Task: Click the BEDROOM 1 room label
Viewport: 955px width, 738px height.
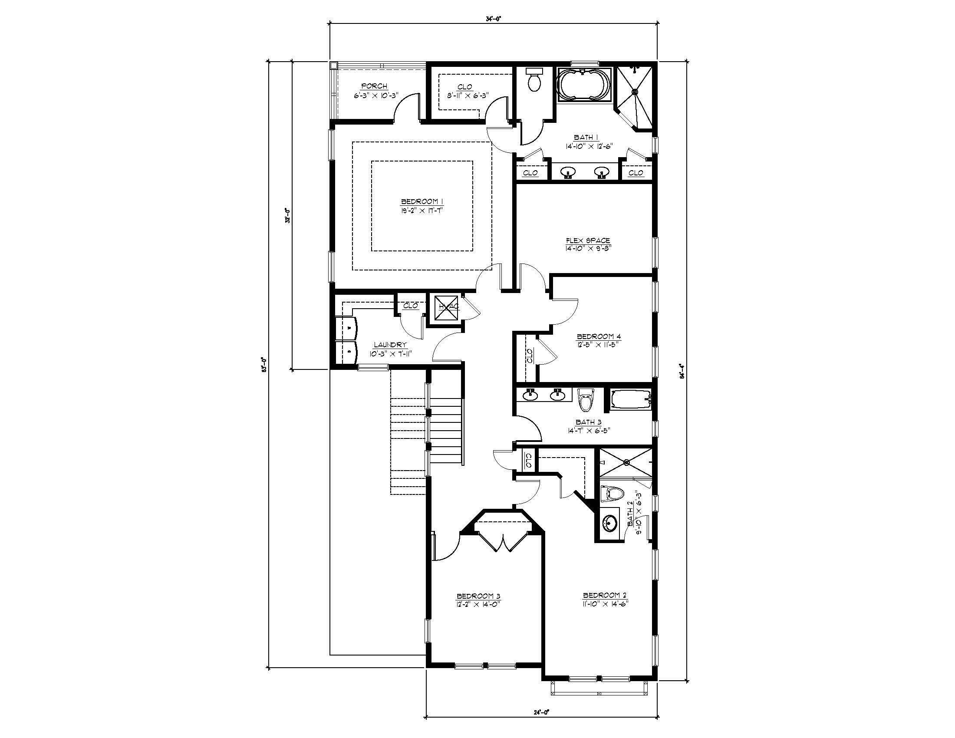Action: pos(422,201)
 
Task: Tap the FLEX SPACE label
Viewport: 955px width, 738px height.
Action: pos(588,241)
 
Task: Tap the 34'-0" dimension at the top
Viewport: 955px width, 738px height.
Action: pos(494,19)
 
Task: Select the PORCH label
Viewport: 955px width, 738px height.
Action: pos(374,86)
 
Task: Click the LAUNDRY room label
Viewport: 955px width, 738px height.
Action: pos(390,345)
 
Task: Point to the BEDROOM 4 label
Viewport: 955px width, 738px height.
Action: pos(599,336)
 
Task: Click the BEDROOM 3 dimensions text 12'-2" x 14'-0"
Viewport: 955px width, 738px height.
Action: pos(478,604)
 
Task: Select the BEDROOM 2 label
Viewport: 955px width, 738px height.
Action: pos(605,596)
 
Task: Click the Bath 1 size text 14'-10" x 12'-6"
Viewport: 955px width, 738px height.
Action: pos(587,146)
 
